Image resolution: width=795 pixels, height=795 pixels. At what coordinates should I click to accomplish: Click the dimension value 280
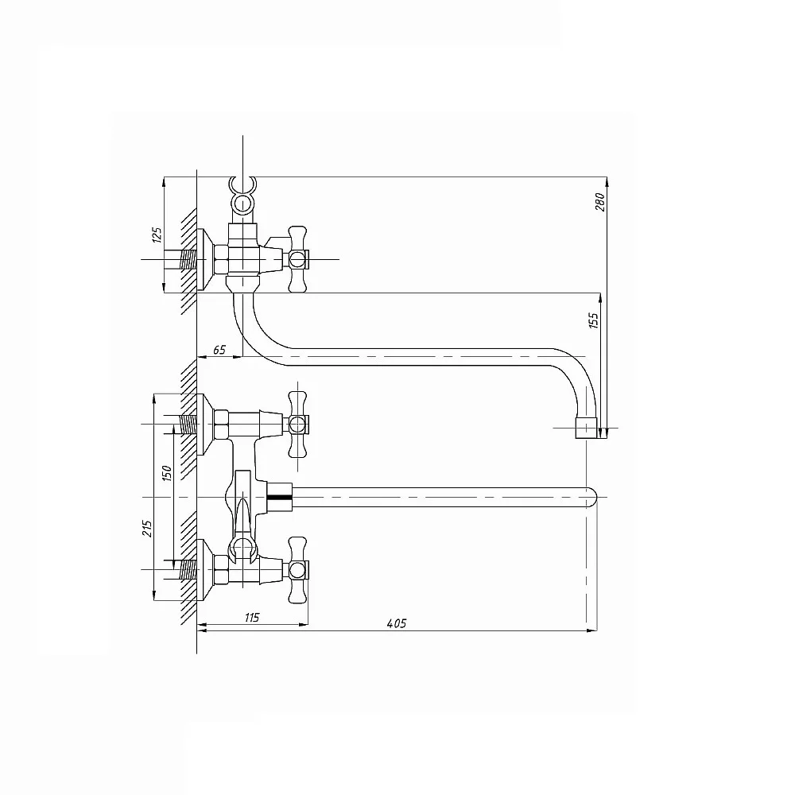(x=601, y=202)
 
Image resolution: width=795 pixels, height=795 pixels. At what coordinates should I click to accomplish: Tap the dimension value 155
(x=594, y=320)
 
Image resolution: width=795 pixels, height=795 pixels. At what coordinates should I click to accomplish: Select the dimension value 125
(x=157, y=235)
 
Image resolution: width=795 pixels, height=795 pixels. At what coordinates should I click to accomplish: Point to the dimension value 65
(x=219, y=350)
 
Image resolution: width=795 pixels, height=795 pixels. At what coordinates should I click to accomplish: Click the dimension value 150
(x=166, y=473)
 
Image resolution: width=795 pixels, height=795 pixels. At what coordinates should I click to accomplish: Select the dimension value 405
(x=396, y=622)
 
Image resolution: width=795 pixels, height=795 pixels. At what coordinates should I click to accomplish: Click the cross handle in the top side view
(x=297, y=258)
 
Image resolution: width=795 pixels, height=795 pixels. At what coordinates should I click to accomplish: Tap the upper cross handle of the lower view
(x=297, y=424)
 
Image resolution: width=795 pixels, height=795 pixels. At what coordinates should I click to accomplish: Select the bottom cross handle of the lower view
(x=297, y=569)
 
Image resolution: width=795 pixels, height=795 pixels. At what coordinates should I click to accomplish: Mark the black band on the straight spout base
(x=281, y=497)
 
